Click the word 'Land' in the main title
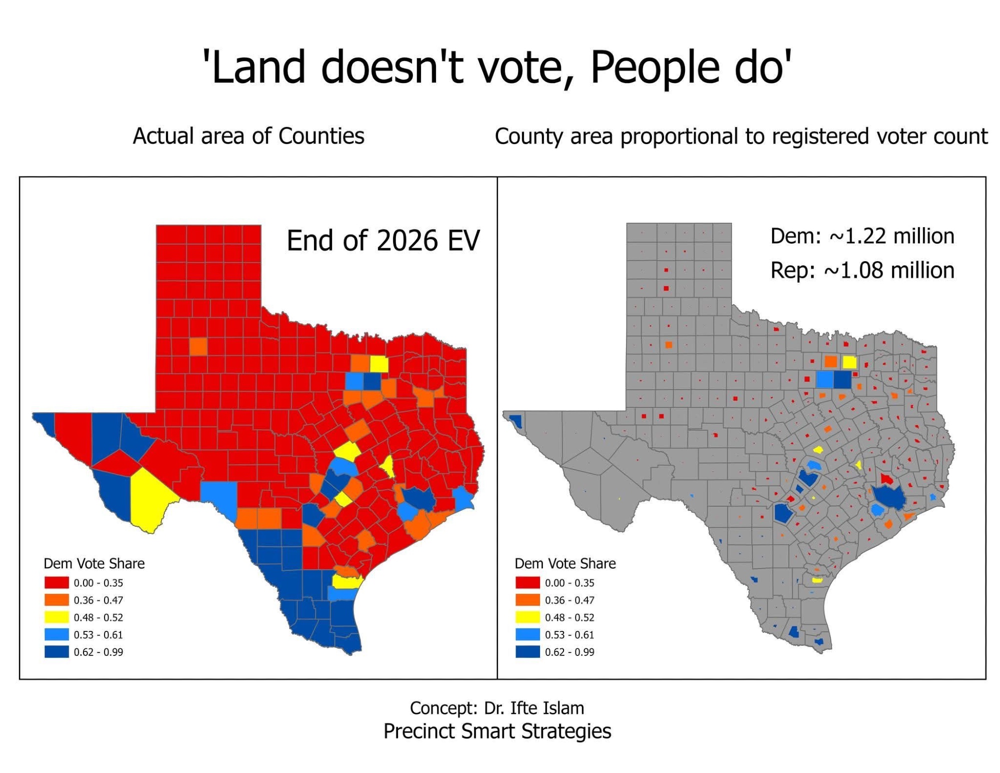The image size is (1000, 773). [258, 68]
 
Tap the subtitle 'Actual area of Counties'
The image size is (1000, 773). [248, 136]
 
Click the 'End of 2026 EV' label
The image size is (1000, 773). [383, 241]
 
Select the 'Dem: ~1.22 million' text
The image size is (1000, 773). [862, 236]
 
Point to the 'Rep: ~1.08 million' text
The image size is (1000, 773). [862, 271]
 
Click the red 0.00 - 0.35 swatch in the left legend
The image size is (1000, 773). [56, 583]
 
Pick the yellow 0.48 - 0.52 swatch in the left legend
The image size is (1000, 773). [56, 617]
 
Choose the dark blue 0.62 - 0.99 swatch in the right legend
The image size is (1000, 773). [527, 652]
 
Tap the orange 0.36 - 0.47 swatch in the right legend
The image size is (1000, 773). [527, 600]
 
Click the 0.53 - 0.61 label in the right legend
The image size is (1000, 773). [569, 635]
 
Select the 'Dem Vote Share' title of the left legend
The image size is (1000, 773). [94, 564]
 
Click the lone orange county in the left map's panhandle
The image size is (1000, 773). [198, 347]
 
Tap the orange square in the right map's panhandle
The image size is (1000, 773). [669, 345]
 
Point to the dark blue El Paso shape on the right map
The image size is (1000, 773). [517, 421]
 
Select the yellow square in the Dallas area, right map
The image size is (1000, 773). [849, 362]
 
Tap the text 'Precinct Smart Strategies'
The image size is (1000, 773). [497, 731]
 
